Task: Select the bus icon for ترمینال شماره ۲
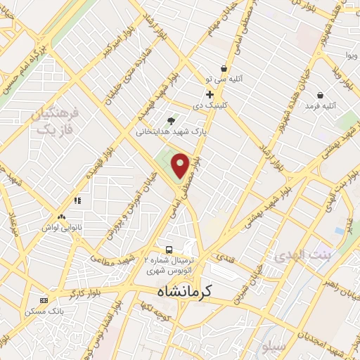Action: click(x=168, y=250)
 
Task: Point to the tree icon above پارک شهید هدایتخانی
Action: click(x=171, y=121)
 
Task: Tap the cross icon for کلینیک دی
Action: click(x=210, y=94)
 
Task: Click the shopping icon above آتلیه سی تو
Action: click(x=224, y=68)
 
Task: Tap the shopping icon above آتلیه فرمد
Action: click(x=320, y=95)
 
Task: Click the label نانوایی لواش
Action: click(x=61, y=228)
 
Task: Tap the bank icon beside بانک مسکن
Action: click(x=45, y=300)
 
